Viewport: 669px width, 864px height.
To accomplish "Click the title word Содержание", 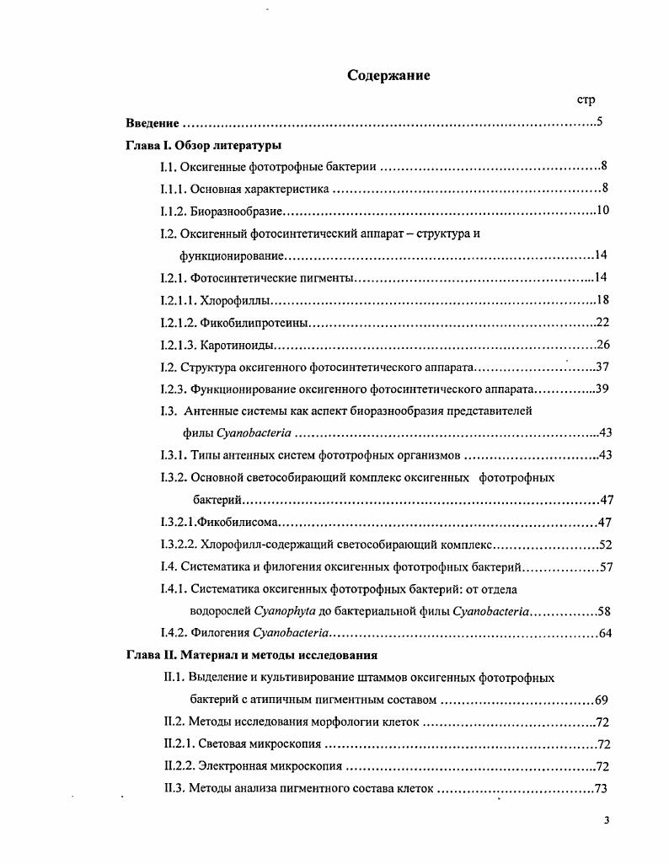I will [x=388, y=76].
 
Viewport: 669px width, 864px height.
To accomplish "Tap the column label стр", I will [x=586, y=99].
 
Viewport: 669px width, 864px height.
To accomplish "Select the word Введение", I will [x=153, y=123].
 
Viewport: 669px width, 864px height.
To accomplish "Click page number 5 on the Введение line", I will [x=599, y=122].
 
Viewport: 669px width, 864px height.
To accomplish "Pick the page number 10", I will [x=602, y=210].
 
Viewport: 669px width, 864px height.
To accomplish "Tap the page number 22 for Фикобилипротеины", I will [x=602, y=322].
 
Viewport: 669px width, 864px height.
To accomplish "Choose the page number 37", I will [x=602, y=367].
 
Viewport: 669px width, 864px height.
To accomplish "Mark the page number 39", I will [x=602, y=389].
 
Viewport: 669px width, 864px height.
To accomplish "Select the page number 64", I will [x=604, y=633].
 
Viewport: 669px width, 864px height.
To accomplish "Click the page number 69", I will [x=602, y=700].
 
